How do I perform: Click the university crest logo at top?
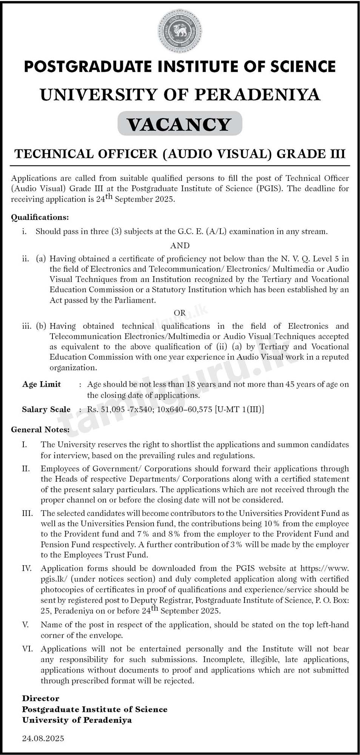(180, 31)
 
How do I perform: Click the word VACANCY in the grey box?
(180, 124)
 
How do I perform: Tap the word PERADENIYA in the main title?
(257, 94)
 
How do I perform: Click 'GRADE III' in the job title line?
(311, 154)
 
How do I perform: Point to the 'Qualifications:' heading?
(40, 217)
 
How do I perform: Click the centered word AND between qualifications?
(180, 245)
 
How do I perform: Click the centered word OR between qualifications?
(180, 313)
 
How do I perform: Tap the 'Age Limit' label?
(42, 384)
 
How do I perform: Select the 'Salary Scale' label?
(46, 410)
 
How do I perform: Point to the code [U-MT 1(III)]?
(239, 410)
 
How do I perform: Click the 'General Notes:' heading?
(40, 430)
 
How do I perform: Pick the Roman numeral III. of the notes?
(27, 513)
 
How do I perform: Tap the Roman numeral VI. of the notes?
(28, 649)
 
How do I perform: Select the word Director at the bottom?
(41, 698)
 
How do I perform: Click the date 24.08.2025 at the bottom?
(43, 738)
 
